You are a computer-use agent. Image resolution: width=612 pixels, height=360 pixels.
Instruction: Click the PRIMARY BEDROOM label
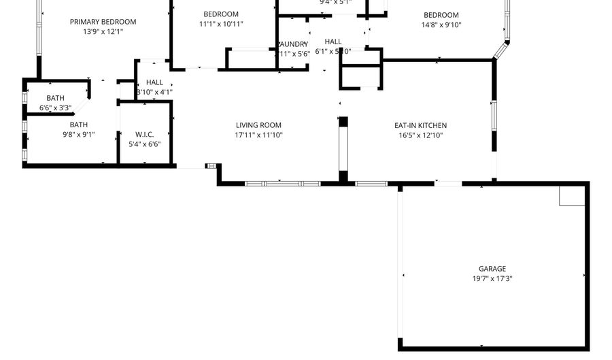(103, 22)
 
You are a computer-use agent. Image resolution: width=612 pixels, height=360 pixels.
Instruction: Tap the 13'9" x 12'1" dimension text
(103, 31)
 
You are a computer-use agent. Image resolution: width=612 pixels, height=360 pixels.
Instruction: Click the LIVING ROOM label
(258, 125)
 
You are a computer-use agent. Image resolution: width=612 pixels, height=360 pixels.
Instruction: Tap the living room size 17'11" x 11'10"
(258, 135)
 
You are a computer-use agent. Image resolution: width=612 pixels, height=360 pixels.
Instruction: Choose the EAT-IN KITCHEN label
(420, 125)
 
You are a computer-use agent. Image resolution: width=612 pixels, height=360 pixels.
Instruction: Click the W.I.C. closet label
(145, 135)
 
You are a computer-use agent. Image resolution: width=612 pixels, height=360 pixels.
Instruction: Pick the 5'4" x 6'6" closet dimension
(145, 144)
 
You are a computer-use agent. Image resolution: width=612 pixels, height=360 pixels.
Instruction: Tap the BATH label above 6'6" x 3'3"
(56, 98)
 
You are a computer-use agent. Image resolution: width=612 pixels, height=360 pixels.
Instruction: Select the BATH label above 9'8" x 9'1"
(79, 125)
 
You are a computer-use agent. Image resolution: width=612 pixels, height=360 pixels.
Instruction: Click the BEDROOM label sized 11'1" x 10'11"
(221, 14)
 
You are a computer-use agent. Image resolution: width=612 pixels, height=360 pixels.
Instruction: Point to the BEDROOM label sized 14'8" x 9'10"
(441, 15)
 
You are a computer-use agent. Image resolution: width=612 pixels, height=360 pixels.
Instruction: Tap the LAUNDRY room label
(294, 44)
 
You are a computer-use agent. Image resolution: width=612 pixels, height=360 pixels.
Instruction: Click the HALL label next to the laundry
(333, 42)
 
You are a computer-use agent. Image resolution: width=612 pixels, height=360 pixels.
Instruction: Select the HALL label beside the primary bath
(154, 82)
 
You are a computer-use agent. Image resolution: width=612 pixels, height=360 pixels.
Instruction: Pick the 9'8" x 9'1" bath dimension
(79, 134)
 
